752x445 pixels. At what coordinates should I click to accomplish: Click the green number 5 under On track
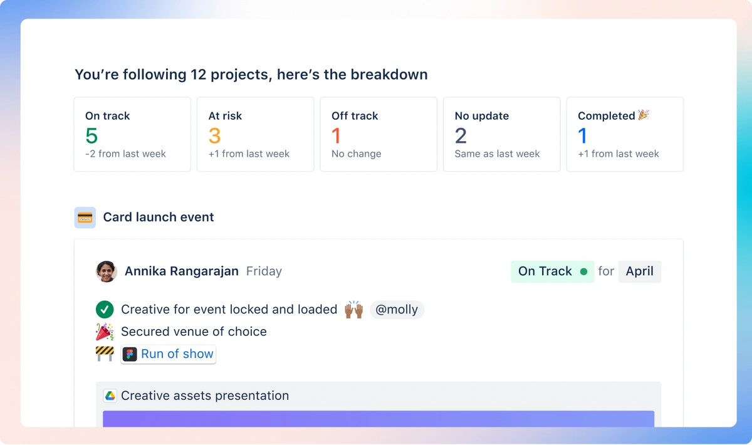point(91,135)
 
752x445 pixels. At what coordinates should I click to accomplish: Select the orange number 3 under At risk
point(215,135)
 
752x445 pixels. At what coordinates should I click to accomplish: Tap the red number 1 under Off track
point(336,135)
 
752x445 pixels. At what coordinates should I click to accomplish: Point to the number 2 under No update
point(461,135)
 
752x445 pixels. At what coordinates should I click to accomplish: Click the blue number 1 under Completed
point(583,135)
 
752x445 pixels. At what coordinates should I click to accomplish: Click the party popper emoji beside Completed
point(644,115)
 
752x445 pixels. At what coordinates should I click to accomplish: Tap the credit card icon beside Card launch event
point(85,217)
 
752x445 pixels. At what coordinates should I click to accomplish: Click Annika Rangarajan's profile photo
point(106,271)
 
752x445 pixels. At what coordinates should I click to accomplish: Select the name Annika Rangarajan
point(182,271)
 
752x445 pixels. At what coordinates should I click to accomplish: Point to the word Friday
point(264,271)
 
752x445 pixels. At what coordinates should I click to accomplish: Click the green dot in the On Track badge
point(584,272)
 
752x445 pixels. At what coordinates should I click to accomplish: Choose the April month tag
point(639,271)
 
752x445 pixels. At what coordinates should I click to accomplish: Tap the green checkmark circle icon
point(104,310)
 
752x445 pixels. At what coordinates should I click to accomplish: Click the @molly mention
point(397,310)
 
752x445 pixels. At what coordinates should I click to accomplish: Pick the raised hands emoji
point(354,310)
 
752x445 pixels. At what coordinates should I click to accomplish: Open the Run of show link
point(177,354)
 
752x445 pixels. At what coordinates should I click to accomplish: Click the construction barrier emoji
point(104,353)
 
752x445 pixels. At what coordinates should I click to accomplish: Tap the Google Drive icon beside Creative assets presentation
point(110,395)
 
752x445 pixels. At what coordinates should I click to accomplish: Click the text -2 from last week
point(125,154)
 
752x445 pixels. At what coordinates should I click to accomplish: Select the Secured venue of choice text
point(194,332)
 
